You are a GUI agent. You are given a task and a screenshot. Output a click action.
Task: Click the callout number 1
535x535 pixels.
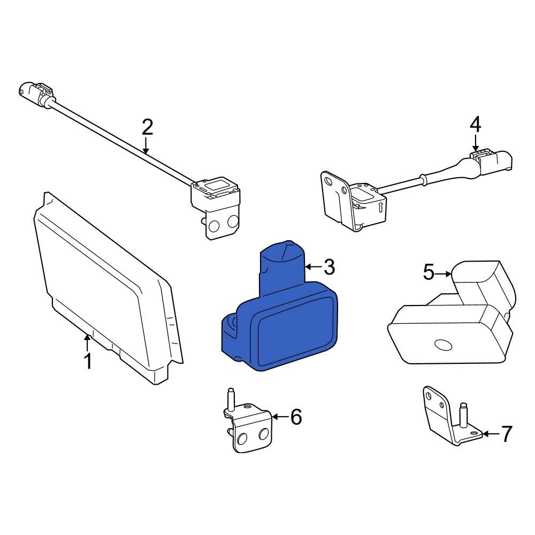click(x=87, y=361)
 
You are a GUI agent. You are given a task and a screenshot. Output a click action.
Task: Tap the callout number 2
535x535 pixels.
click(x=147, y=127)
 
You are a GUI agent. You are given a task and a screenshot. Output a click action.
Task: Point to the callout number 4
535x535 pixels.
click(x=475, y=125)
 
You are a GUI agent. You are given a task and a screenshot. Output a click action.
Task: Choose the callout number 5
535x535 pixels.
click(x=429, y=273)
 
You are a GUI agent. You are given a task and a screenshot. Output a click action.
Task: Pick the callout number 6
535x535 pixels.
click(x=296, y=416)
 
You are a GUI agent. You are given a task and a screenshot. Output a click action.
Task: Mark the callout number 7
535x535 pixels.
click(x=506, y=434)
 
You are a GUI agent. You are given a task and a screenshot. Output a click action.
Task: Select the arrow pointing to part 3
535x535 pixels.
click(x=312, y=266)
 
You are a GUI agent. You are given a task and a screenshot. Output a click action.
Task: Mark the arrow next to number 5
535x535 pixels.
click(x=444, y=274)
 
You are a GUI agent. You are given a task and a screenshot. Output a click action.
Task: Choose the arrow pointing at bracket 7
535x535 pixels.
click(x=490, y=434)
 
